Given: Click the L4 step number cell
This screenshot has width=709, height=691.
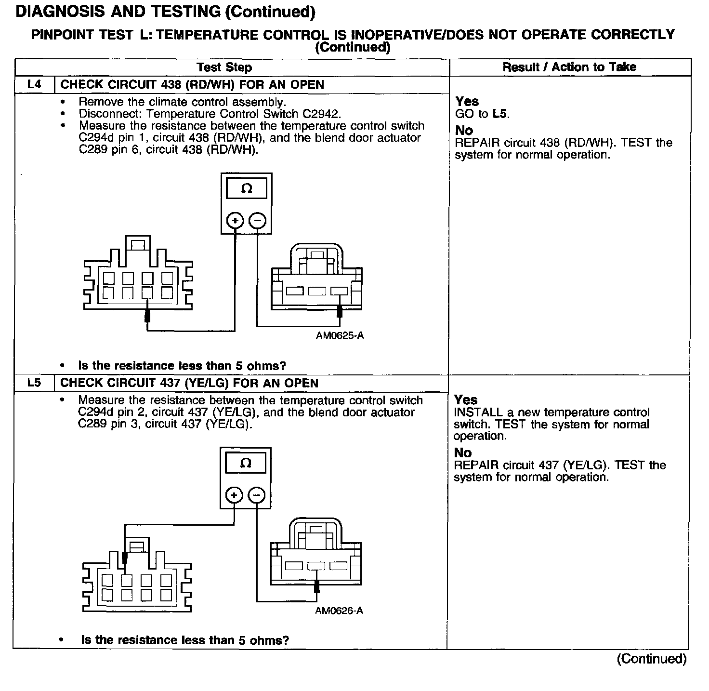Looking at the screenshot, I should pyautogui.click(x=34, y=85).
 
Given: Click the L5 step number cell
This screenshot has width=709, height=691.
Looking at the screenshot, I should pyautogui.click(x=34, y=383).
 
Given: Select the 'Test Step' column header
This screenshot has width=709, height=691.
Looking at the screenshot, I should pyautogui.click(x=224, y=67).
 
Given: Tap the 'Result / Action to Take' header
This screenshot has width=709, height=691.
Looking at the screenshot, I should pyautogui.click(x=569, y=67).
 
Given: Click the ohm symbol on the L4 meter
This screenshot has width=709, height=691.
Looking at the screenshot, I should pyautogui.click(x=246, y=189).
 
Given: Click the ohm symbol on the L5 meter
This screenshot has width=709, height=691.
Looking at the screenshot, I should pyautogui.click(x=245, y=464).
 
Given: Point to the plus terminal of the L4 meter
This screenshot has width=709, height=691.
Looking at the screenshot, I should pyautogui.click(x=235, y=221).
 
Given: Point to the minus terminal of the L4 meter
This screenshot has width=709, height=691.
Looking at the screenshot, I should pyautogui.click(x=258, y=221).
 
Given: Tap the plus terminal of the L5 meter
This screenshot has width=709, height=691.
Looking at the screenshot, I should pyautogui.click(x=234, y=495).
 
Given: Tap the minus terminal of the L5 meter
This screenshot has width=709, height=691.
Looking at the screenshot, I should pyautogui.click(x=257, y=495).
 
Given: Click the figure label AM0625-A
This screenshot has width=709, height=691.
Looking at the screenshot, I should pyautogui.click(x=340, y=335).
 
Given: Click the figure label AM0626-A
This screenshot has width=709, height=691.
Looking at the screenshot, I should pyautogui.click(x=339, y=611).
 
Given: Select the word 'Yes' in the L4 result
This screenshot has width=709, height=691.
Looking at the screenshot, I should pyautogui.click(x=467, y=102).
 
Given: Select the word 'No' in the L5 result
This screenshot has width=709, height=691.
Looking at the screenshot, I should pyautogui.click(x=462, y=453).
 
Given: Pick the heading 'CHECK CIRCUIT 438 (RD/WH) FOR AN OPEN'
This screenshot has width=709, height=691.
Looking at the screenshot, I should pyautogui.click(x=192, y=85).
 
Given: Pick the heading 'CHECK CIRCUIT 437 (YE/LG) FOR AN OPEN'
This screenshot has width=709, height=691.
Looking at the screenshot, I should pyautogui.click(x=189, y=383).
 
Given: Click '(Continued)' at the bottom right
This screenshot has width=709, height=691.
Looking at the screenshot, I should pyautogui.click(x=651, y=659).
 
